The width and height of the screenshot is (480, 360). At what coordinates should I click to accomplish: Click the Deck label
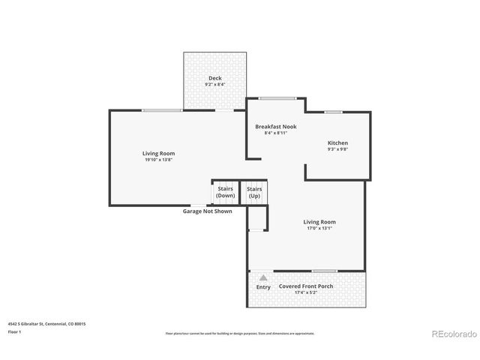click(x=214, y=78)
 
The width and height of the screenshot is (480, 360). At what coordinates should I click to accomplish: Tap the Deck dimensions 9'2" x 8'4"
click(x=214, y=85)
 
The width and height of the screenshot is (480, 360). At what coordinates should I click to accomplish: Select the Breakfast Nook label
click(x=275, y=127)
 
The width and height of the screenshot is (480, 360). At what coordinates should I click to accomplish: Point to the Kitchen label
click(x=337, y=142)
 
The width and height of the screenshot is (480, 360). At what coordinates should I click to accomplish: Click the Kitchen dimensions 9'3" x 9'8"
click(x=337, y=149)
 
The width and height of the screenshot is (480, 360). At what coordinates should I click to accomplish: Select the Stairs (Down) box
click(x=225, y=192)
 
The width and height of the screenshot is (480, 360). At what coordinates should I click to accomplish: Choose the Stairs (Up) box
click(x=254, y=192)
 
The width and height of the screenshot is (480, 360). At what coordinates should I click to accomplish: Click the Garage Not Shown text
click(x=208, y=211)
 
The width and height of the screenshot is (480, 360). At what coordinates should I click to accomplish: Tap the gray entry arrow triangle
click(x=263, y=277)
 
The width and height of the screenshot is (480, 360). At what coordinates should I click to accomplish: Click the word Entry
click(x=263, y=287)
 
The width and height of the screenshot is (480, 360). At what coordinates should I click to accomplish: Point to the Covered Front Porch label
click(x=306, y=286)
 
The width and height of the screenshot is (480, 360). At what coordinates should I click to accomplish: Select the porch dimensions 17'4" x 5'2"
click(x=306, y=292)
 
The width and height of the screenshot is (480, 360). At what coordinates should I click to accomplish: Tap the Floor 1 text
click(x=13, y=331)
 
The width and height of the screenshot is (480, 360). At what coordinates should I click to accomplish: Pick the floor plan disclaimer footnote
click(x=239, y=333)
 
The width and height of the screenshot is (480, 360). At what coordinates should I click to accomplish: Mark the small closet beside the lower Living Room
click(x=256, y=219)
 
